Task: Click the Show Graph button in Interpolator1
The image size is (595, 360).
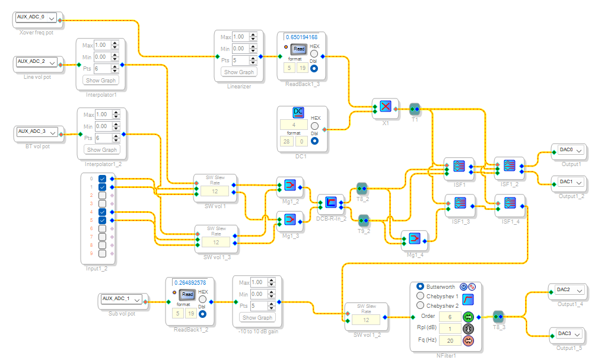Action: pyautogui.click(x=101, y=81)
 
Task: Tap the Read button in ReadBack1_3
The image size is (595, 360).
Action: pyautogui.click(x=299, y=49)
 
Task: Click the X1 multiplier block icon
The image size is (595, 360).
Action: pyautogui.click(x=386, y=107)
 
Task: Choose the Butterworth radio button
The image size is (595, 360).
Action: pyautogui.click(x=421, y=286)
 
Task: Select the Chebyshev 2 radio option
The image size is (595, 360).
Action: pyautogui.click(x=421, y=305)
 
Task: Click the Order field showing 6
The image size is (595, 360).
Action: pyautogui.click(x=450, y=317)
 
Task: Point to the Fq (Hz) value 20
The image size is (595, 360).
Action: pyautogui.click(x=450, y=340)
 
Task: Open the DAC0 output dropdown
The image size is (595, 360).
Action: pyautogui.click(x=568, y=150)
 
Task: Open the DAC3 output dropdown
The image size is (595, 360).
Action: pyautogui.click(x=568, y=334)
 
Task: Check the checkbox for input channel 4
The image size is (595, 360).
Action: pyautogui.click(x=103, y=212)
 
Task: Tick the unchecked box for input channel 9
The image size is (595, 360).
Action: pyautogui.click(x=103, y=253)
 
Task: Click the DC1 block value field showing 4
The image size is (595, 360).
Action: pyautogui.click(x=294, y=125)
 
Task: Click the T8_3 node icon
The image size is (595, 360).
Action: pyautogui.click(x=498, y=316)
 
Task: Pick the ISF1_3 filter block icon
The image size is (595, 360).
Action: pyautogui.click(x=460, y=203)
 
